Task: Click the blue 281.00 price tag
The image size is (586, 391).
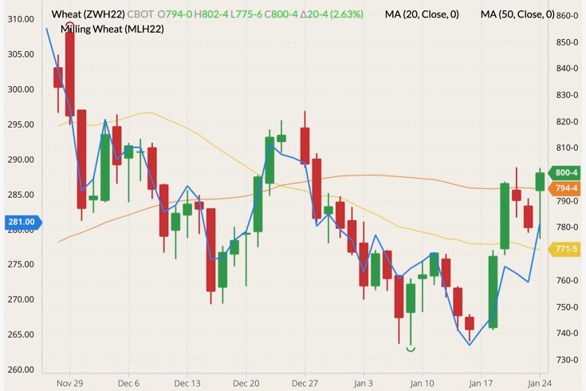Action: click(19, 222)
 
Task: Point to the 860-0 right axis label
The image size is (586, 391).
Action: click(566, 16)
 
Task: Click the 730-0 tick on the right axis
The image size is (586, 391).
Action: click(566, 360)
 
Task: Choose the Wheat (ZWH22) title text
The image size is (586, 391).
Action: click(87, 14)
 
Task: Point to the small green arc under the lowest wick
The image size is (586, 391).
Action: click(411, 349)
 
